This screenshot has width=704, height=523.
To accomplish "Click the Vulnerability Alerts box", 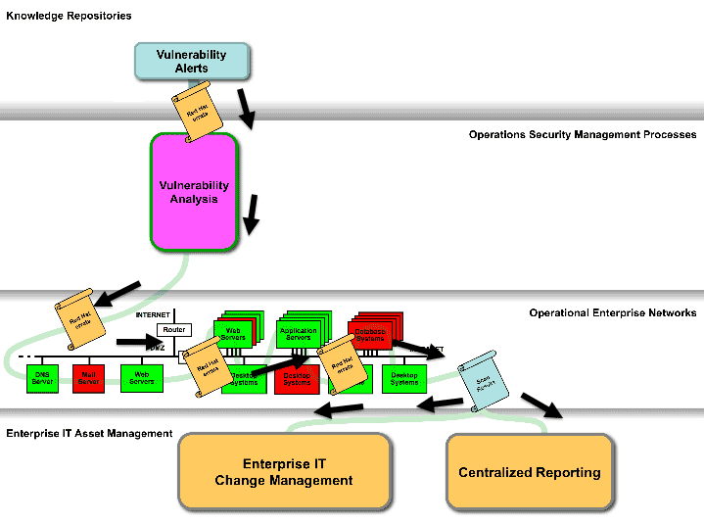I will pos(192,61).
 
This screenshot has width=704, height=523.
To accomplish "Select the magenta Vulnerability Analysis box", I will pos(194,192).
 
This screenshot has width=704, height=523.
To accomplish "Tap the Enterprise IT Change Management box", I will pos(284,472).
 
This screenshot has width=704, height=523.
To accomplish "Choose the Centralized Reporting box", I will pos(530,472).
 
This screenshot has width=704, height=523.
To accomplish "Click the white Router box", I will pos(173,330).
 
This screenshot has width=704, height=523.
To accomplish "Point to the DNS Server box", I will pos(42,378).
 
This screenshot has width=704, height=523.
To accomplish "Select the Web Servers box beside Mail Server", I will pos(142,378).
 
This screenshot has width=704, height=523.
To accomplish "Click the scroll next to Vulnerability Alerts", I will pos(199,114).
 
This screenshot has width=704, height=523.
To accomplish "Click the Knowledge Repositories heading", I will pos(69,16).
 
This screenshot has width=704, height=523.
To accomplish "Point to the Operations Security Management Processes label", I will pos(583,134).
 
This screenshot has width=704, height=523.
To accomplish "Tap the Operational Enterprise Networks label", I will pos(613,313).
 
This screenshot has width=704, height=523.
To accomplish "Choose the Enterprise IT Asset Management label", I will pos(89,433).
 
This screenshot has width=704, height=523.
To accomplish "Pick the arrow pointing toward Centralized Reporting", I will pos(541,404).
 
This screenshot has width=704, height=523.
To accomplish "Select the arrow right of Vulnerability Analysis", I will pos(252,214).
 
